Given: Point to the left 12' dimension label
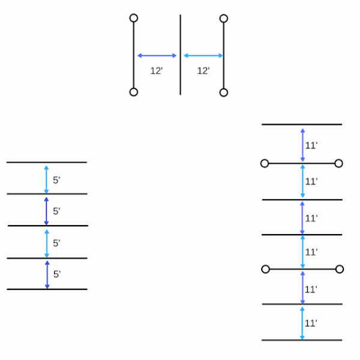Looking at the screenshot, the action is point(157,71).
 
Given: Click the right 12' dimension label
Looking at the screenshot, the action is point(203,71).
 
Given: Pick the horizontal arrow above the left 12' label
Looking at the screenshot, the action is point(157,56).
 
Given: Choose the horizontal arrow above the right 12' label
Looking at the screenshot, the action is point(203,56).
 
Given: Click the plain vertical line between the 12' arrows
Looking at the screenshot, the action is point(180,55).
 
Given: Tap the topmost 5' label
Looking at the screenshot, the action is point(56,180).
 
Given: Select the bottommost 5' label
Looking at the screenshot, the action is point(57,274).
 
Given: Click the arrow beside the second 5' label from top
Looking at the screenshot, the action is point(46,211).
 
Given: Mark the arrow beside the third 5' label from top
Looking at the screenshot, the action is point(47,244).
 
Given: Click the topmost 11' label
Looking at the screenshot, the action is point(311,146).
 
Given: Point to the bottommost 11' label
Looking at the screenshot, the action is point(311,323).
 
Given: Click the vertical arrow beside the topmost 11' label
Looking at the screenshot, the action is point(302,145).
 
